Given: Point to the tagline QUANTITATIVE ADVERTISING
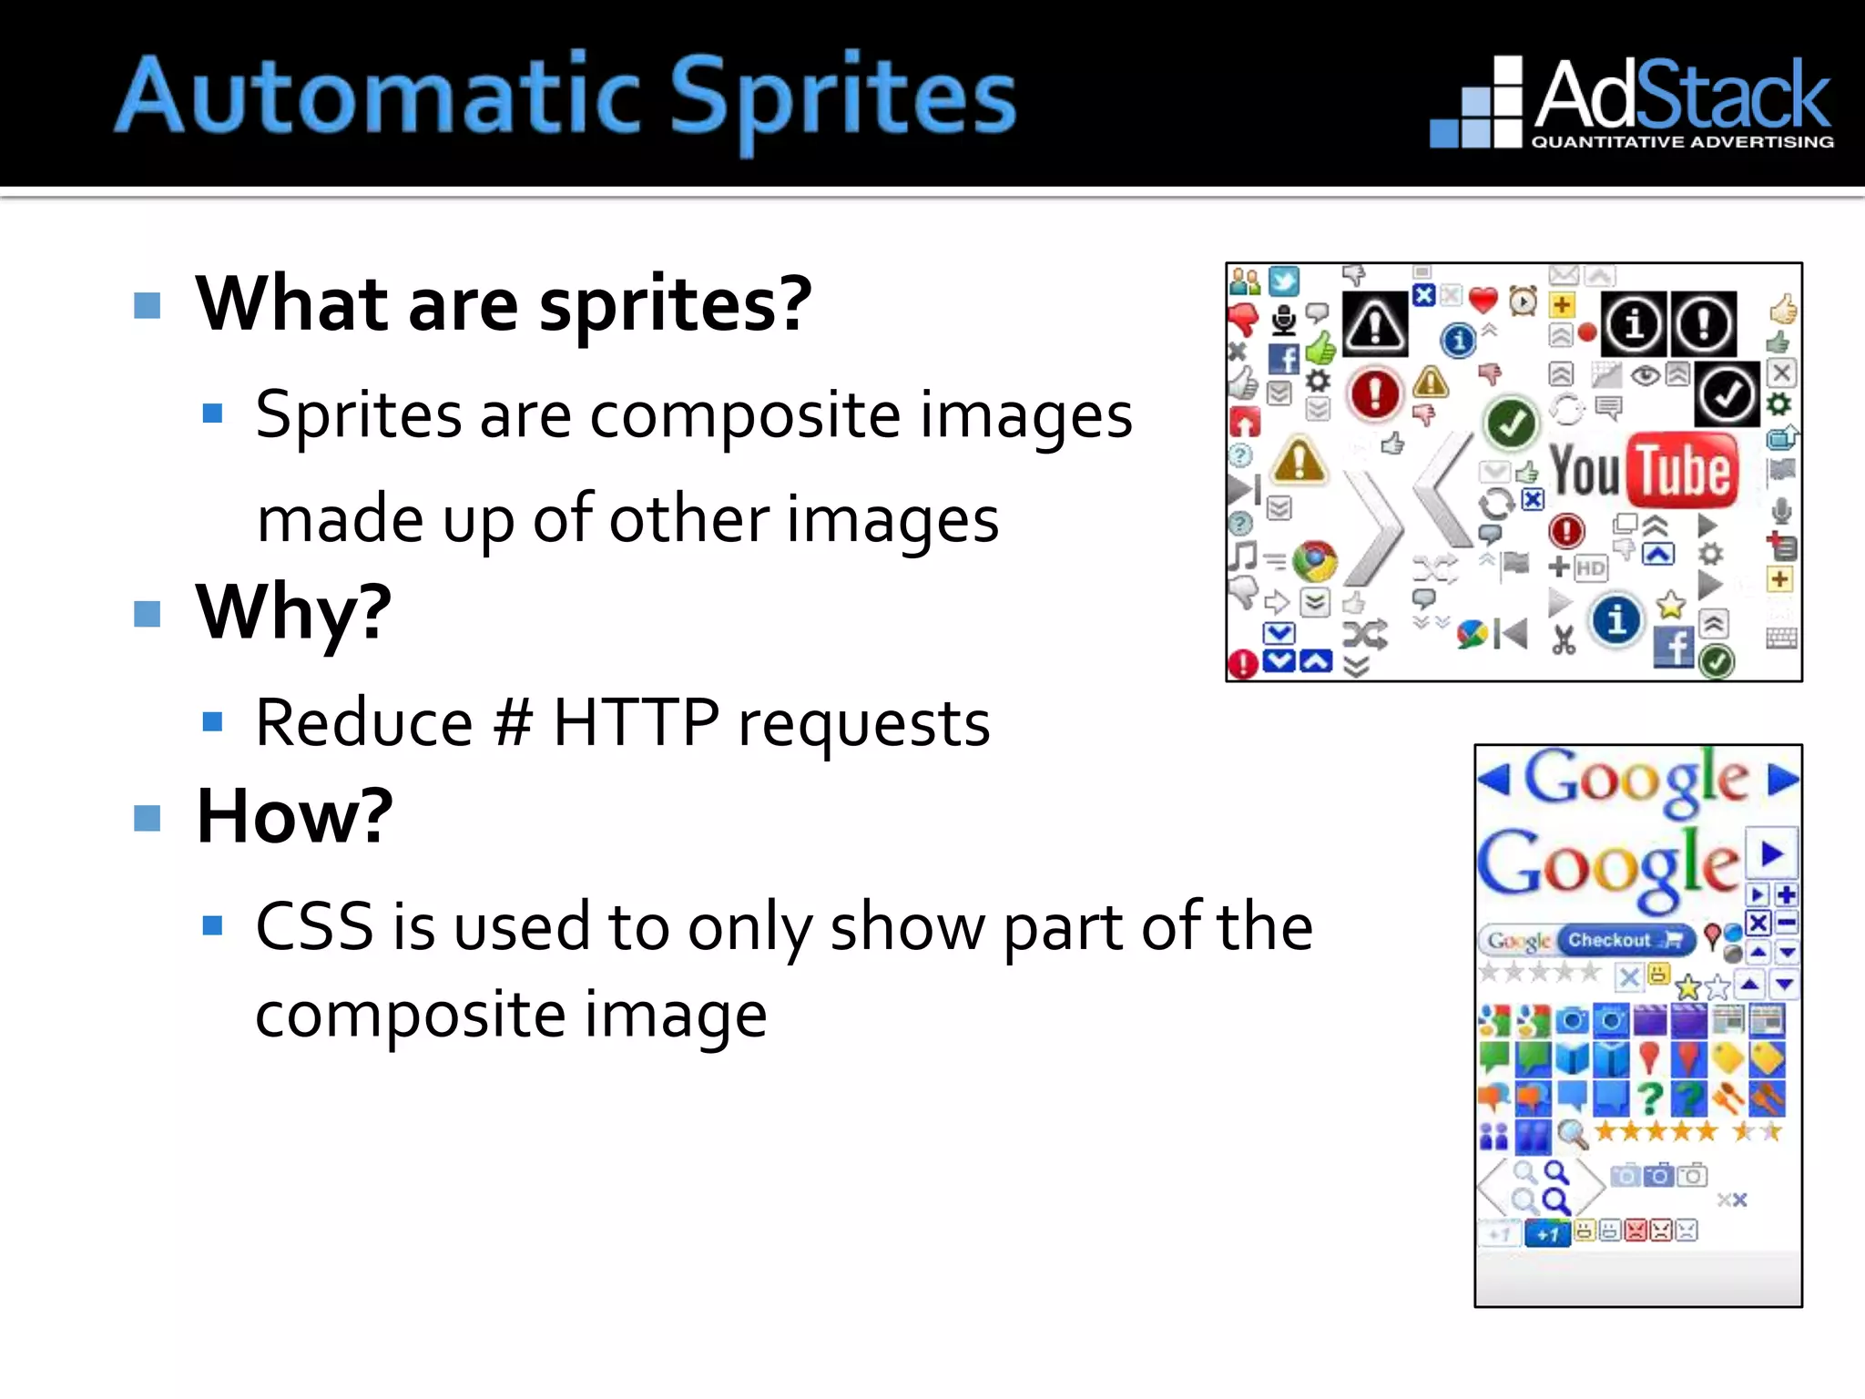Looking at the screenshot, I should (x=1682, y=142).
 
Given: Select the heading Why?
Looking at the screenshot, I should (x=293, y=612).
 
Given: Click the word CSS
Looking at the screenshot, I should (x=314, y=927).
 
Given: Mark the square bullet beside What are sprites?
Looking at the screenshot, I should (x=147, y=305).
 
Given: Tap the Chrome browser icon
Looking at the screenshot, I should (x=1314, y=561).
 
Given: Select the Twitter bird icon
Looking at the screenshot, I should (x=1284, y=281).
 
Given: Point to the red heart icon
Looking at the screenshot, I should (x=1483, y=299).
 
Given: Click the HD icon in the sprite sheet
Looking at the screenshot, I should (x=1590, y=568).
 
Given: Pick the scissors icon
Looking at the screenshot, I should (x=1564, y=640).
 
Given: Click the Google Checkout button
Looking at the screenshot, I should (x=1626, y=940).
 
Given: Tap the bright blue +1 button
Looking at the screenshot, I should (x=1547, y=1235).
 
